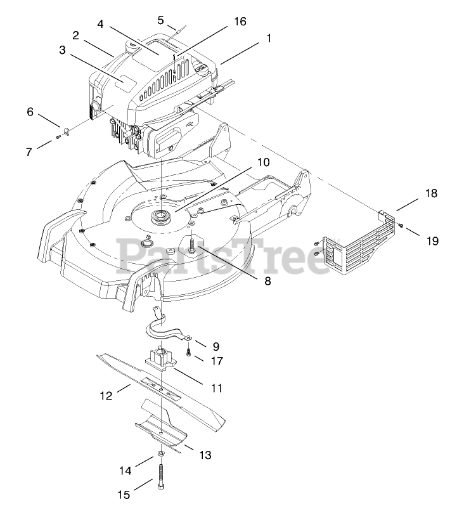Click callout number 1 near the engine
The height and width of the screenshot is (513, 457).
(269, 37)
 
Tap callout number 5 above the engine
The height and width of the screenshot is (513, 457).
(161, 19)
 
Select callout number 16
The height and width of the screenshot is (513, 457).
(240, 21)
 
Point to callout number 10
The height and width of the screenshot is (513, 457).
(263, 162)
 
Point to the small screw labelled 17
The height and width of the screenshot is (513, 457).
(188, 352)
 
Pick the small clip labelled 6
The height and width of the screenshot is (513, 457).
(67, 131)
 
